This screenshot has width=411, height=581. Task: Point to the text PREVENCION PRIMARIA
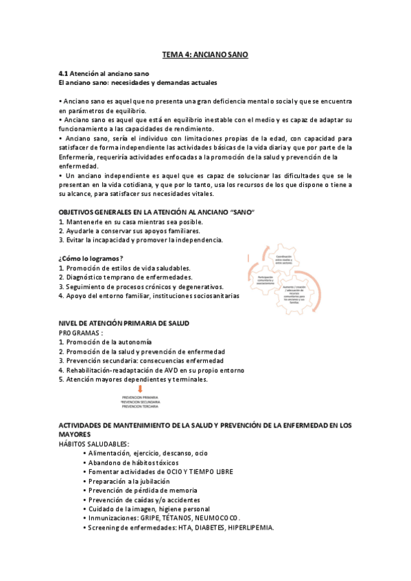[x=140, y=397]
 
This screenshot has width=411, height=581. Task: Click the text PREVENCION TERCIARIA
[x=140, y=406]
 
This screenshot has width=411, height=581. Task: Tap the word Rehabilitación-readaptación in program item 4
[x=102, y=370]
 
